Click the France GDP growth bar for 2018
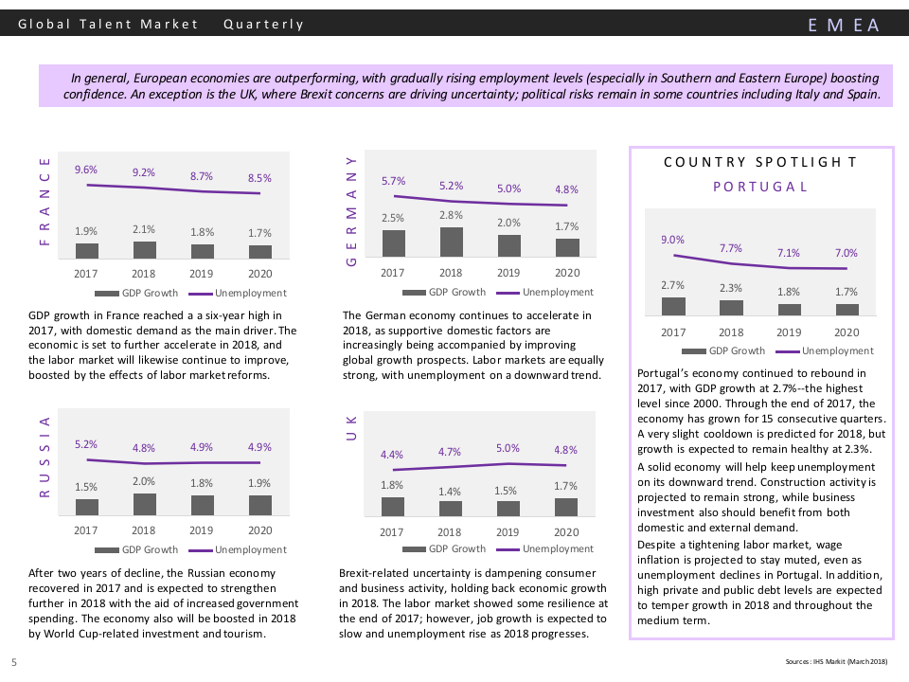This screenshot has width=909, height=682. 144,250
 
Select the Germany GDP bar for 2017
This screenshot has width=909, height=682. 393,243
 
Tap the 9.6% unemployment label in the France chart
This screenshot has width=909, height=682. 86,170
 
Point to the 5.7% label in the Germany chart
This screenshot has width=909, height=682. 393,181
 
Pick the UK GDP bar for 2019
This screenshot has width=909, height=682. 508,509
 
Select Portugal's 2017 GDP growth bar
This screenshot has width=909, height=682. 673,306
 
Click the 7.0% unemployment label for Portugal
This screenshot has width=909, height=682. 846,253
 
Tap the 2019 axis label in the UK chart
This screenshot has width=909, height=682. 508,532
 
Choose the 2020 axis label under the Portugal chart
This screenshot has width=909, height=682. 846,332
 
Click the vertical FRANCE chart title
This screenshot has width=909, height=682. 44,202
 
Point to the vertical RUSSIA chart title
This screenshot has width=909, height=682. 44,457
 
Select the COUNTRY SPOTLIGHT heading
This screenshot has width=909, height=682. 760,162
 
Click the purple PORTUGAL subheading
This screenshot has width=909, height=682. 760,187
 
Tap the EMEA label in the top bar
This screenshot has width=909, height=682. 844,25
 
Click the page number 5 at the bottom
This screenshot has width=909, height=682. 14,661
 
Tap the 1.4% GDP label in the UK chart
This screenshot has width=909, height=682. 450,492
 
